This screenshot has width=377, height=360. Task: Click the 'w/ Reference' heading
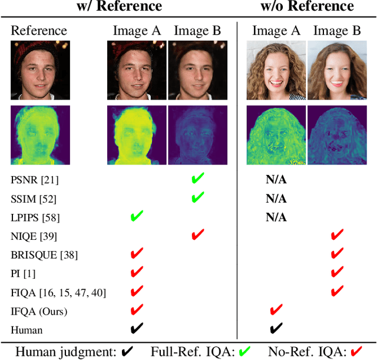click(119, 7)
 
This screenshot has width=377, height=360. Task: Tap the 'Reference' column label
click(39, 30)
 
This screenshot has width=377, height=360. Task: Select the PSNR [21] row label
click(35, 179)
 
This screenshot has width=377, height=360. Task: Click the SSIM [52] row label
click(35, 199)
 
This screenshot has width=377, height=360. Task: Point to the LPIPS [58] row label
click(35, 217)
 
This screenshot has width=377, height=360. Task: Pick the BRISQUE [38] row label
click(44, 255)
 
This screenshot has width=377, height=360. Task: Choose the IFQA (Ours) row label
click(39, 311)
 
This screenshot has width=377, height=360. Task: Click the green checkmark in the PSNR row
click(197, 179)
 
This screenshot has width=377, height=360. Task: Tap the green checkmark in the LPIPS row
click(137, 217)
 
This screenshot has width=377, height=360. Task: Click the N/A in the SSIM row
click(276, 199)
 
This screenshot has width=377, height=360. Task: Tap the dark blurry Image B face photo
click(197, 69)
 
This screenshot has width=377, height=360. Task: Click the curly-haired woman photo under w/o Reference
click(276, 69)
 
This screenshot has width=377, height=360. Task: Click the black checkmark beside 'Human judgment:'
click(127, 351)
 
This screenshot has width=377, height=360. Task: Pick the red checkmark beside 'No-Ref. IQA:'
click(356, 351)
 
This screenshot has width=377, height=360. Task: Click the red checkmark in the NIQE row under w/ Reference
click(197, 236)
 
